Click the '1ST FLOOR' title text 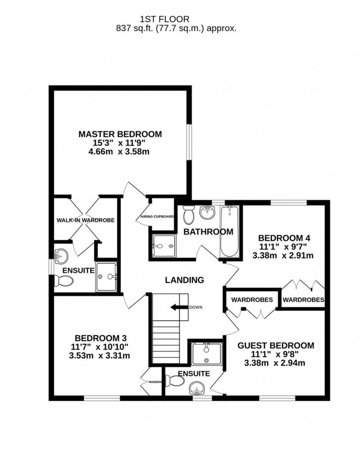(x=165, y=19)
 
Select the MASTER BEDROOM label (x=120, y=134)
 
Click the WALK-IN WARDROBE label (x=85, y=220)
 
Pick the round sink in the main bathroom (x=207, y=212)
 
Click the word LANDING (x=185, y=280)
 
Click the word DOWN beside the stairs (x=196, y=307)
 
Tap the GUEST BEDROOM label (x=276, y=345)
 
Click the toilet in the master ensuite (x=64, y=281)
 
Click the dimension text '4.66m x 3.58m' (x=120, y=152)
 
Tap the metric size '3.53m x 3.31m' (x=100, y=356)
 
